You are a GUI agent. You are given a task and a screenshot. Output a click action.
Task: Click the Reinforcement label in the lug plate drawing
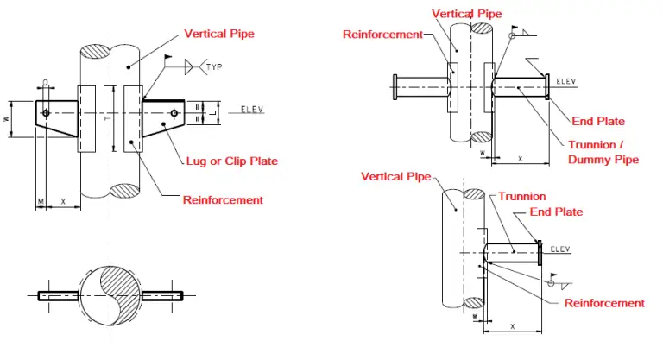click(x=223, y=200)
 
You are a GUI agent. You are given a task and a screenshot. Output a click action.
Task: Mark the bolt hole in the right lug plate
click(x=174, y=113)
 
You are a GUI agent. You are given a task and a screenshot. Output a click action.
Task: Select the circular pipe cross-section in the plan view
click(x=110, y=294)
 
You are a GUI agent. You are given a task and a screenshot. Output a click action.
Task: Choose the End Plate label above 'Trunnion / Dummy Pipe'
click(x=598, y=121)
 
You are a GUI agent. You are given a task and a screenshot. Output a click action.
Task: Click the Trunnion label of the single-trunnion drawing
click(x=522, y=197)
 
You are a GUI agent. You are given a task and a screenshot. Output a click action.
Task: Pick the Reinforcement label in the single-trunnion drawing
click(x=604, y=303)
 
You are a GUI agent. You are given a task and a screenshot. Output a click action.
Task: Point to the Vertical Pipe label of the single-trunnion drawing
click(x=395, y=177)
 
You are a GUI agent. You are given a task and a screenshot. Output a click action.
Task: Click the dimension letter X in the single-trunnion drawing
click(x=515, y=326)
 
